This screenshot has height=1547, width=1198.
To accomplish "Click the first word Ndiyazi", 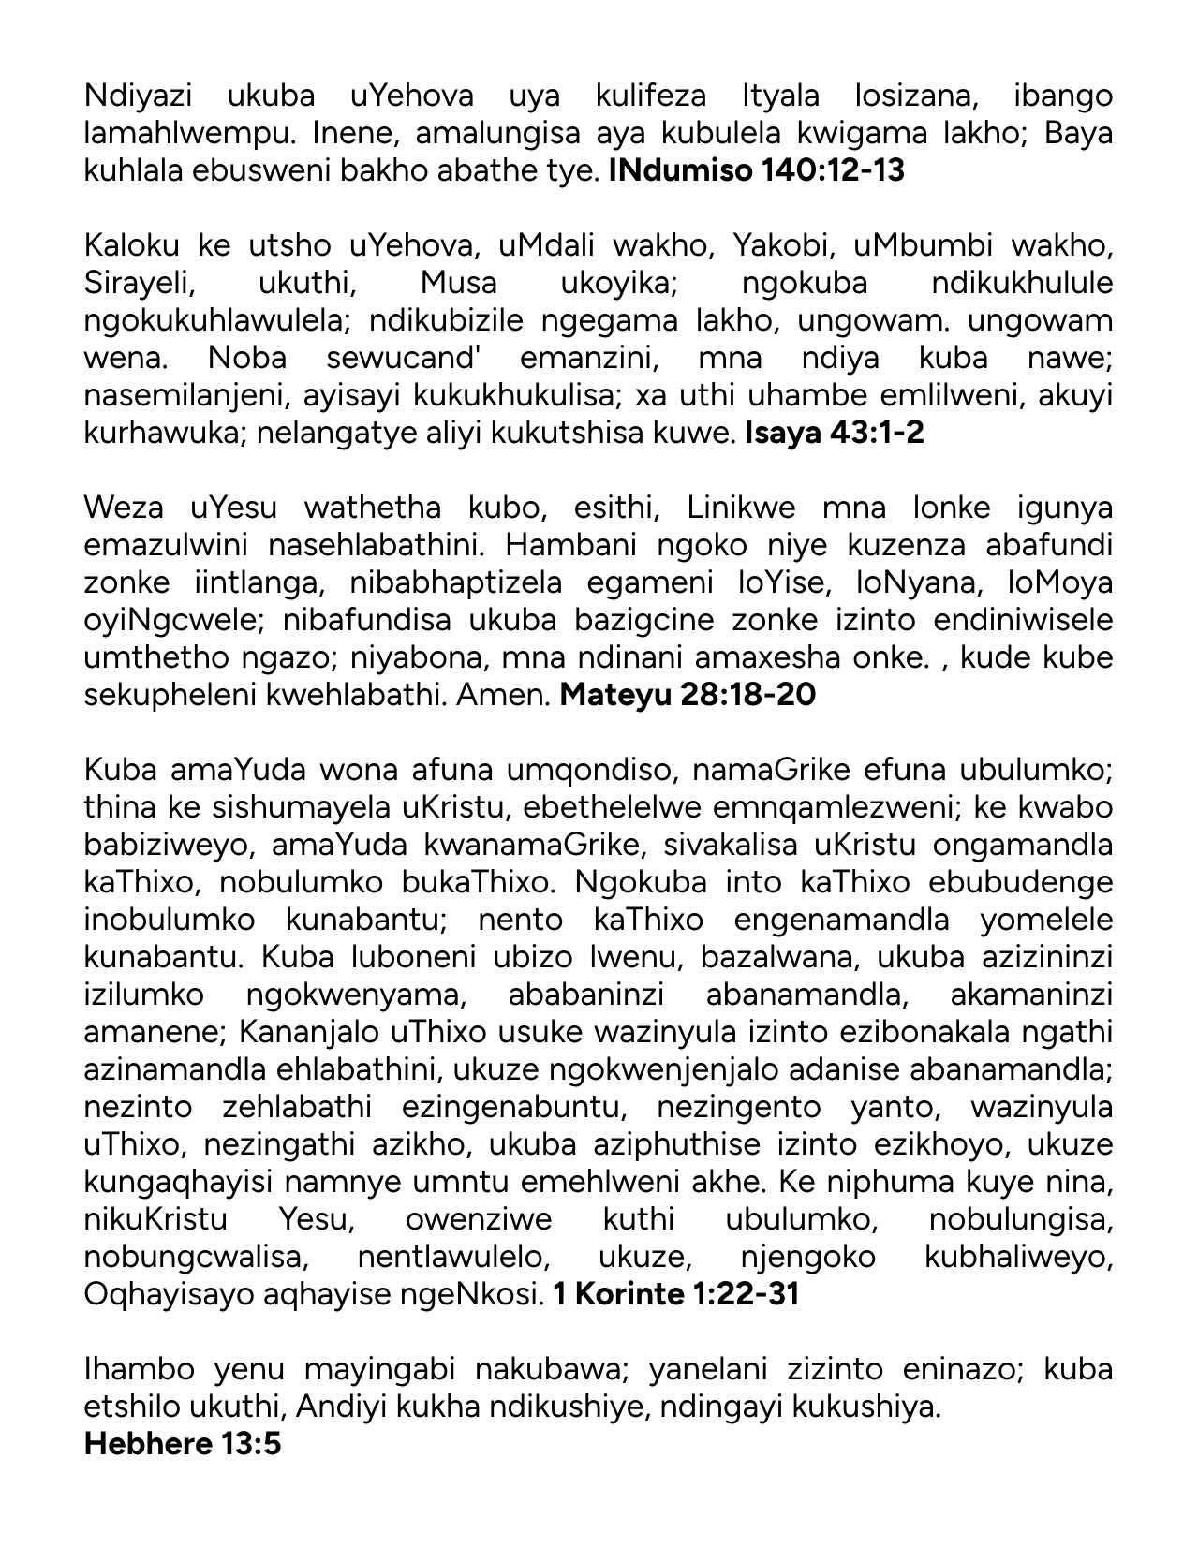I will tap(138, 96).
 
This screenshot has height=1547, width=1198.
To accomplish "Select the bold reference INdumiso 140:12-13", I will tap(756, 171).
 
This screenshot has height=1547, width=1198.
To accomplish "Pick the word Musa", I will tap(458, 284).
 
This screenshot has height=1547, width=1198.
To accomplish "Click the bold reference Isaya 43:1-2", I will tap(834, 434).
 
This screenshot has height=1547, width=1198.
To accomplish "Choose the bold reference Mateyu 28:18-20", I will tap(687, 696).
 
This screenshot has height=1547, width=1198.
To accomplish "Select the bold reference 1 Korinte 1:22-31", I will tap(675, 1295).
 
